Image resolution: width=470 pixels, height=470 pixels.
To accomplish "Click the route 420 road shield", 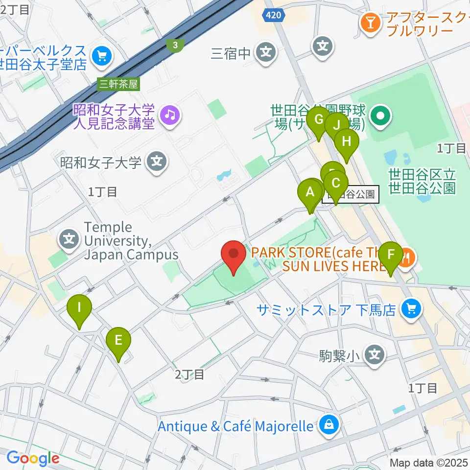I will (x=274, y=15).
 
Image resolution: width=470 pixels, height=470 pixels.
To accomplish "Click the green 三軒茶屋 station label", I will (x=118, y=84).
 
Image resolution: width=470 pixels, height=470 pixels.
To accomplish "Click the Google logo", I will (x=33, y=458).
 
